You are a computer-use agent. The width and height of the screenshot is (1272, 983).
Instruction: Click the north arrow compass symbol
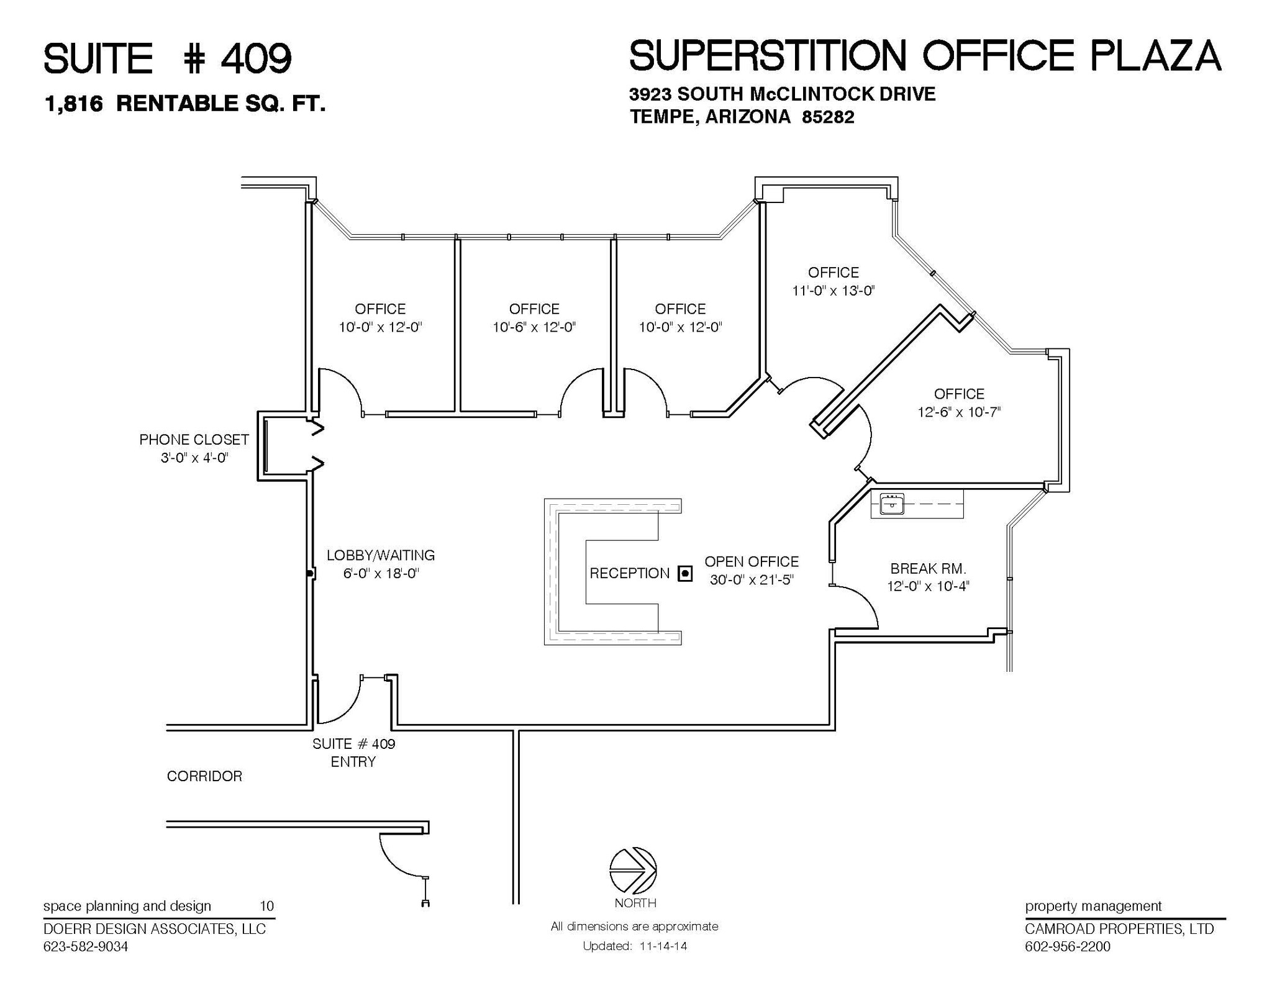pos(633,870)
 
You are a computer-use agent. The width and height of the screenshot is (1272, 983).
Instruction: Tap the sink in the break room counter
pos(892,504)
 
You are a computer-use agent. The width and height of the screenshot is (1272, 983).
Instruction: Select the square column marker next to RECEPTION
pos(684,573)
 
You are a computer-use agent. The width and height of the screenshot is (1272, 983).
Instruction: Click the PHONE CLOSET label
pos(194,440)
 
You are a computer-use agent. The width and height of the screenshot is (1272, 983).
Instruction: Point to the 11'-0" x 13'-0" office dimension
pos(833,290)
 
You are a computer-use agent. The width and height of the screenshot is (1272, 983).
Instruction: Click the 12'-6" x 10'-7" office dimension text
pos(959,412)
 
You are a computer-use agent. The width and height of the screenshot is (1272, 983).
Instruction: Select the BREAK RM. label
pos(928,568)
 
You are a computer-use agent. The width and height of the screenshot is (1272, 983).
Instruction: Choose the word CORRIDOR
pos(204,776)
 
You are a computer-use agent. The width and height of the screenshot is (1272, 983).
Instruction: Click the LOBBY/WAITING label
pos(381,555)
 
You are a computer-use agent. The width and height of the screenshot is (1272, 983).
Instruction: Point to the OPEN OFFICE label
pos(751,561)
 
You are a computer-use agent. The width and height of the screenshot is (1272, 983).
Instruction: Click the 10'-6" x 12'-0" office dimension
pos(534,327)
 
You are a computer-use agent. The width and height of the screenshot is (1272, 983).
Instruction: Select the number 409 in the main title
pos(256,59)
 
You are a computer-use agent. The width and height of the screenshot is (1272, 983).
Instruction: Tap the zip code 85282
pos(828,117)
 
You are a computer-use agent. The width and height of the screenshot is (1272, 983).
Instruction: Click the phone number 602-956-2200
pos(1067,946)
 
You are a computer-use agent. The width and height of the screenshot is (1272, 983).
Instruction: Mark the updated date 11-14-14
pos(659,946)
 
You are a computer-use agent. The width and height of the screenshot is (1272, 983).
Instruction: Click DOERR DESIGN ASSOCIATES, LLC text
pos(154,929)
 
